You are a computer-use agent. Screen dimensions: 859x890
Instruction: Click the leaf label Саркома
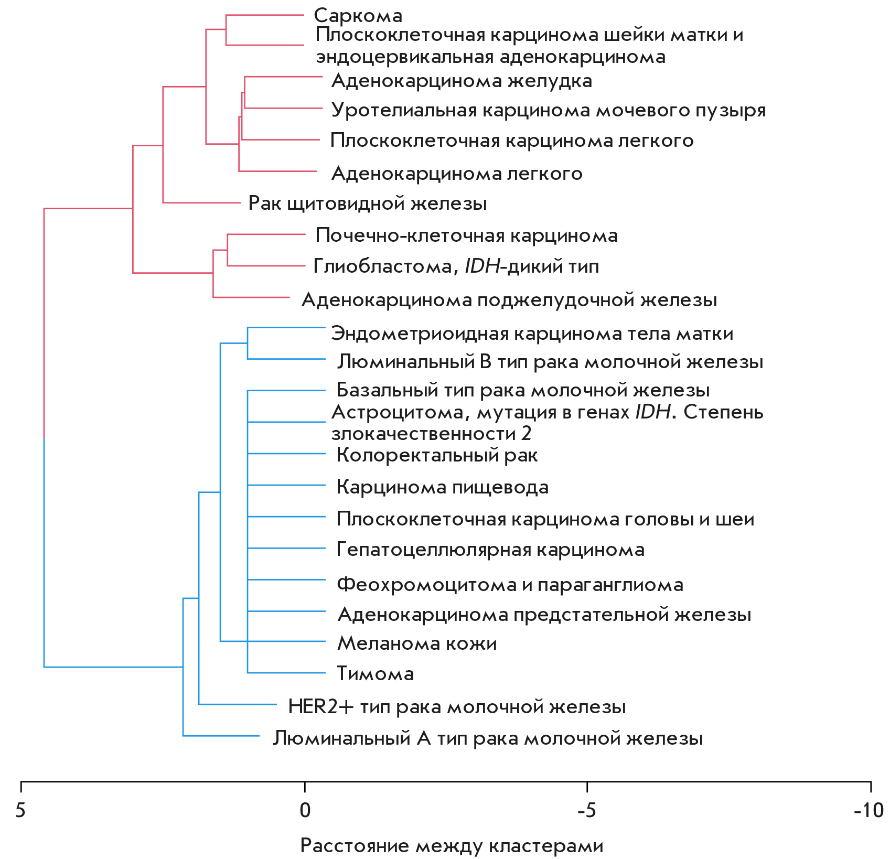click(x=358, y=16)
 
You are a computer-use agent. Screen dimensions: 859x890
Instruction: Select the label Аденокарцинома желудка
click(x=462, y=81)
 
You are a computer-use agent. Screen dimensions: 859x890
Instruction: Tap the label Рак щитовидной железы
click(x=367, y=203)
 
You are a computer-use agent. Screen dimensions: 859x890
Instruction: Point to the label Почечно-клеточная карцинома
click(x=466, y=235)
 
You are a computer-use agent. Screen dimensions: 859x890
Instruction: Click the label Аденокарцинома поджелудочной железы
click(x=509, y=300)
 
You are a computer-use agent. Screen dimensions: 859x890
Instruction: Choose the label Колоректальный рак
click(x=437, y=455)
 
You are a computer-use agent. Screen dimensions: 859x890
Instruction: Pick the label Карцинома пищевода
click(x=442, y=487)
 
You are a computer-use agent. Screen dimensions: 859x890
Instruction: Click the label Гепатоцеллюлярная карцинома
click(x=490, y=550)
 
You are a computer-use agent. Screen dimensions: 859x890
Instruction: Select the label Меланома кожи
click(x=417, y=643)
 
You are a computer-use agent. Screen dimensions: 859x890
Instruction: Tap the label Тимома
click(x=375, y=673)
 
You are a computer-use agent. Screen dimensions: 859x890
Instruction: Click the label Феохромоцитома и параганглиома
click(x=510, y=584)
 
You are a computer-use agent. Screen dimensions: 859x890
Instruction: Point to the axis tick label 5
click(x=20, y=811)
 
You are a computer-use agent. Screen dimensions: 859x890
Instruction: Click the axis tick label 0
click(x=305, y=811)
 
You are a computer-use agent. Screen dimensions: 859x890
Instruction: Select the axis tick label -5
click(x=586, y=811)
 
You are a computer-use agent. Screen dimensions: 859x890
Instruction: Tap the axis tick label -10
click(x=868, y=811)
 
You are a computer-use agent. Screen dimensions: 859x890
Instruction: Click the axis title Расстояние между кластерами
click(x=452, y=845)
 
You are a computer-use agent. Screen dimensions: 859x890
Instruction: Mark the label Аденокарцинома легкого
click(x=457, y=174)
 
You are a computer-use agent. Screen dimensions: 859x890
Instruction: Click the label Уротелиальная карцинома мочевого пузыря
click(x=548, y=110)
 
